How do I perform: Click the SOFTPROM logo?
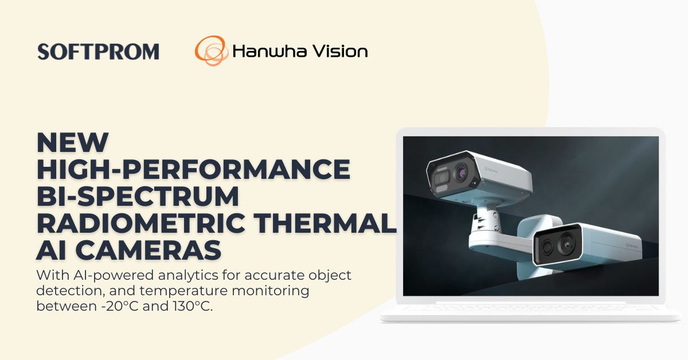tap(98, 52)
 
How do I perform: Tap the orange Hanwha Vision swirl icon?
tap(210, 51)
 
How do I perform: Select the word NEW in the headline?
tap(72, 142)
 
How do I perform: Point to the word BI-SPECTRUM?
tap(138, 196)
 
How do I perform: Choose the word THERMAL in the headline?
tap(333, 224)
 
